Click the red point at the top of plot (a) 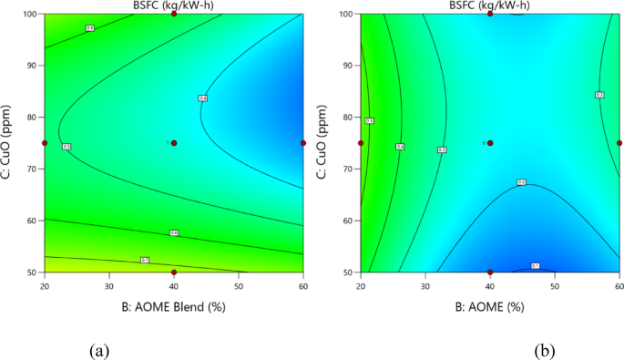[174, 15]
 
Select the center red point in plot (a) [174, 143]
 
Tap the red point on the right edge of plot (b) [619, 143]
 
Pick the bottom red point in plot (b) [490, 272]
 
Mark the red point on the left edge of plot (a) [45, 143]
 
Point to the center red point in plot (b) [490, 143]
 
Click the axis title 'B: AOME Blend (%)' [173, 306]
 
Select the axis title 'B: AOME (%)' [490, 306]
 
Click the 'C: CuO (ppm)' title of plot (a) [8, 143]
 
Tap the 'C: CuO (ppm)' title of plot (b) [324, 143]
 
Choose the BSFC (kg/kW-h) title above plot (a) [174, 5]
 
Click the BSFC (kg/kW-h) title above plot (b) [490, 5]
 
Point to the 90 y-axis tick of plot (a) [33, 66]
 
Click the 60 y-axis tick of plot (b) [349, 221]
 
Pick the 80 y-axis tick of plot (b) [349, 118]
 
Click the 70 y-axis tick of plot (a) [33, 169]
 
